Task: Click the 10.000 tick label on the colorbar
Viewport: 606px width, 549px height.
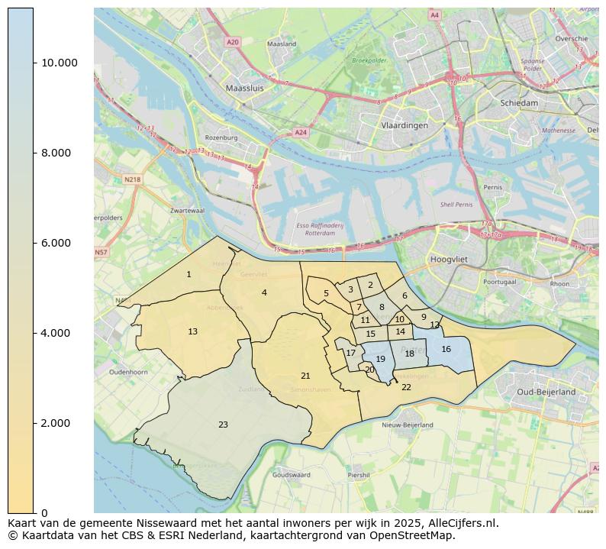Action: pyautogui.click(x=59, y=63)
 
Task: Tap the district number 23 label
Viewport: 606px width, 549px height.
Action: pyautogui.click(x=223, y=425)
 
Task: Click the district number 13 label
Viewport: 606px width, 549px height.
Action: pyautogui.click(x=192, y=331)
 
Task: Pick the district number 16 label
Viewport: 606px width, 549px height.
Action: pyautogui.click(x=446, y=349)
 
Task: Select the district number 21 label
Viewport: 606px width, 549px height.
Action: pyautogui.click(x=305, y=376)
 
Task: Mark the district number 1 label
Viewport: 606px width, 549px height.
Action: pyautogui.click(x=189, y=274)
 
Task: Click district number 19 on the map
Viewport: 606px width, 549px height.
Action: pyautogui.click(x=380, y=359)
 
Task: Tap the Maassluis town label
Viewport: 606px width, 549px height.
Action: pyautogui.click(x=244, y=89)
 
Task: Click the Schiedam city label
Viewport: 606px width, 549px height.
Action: pyautogui.click(x=519, y=102)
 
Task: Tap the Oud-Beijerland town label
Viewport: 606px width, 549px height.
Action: pyautogui.click(x=546, y=392)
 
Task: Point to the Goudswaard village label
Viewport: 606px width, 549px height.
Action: pyautogui.click(x=291, y=474)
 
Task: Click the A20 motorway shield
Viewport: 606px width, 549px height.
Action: pyautogui.click(x=233, y=42)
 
